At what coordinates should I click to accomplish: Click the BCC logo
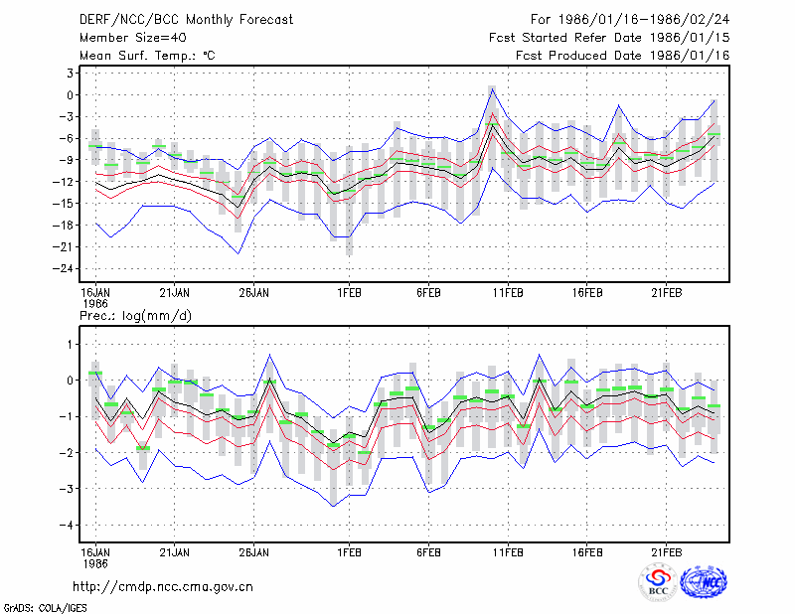click(x=658, y=582)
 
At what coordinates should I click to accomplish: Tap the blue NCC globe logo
click(x=704, y=582)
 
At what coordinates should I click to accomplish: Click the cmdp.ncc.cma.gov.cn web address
click(x=163, y=587)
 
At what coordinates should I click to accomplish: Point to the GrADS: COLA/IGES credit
click(x=45, y=608)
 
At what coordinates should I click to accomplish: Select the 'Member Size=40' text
click(x=133, y=38)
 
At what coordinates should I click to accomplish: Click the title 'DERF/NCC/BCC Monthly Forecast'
click(x=186, y=20)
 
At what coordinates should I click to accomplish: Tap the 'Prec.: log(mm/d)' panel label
click(x=135, y=316)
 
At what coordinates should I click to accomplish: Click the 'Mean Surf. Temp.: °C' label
click(x=147, y=56)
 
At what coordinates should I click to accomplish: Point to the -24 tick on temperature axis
click(x=64, y=268)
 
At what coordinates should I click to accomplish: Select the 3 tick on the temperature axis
click(x=70, y=73)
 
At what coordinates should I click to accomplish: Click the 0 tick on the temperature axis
click(x=70, y=94)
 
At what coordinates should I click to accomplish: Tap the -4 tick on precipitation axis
click(x=67, y=525)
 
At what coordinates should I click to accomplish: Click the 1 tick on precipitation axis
click(x=71, y=345)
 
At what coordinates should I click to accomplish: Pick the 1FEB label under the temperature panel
click(x=350, y=293)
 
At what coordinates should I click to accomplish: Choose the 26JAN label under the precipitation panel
click(x=254, y=552)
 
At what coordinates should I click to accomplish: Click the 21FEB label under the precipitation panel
click(x=666, y=552)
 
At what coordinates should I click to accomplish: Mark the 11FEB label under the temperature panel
click(x=508, y=293)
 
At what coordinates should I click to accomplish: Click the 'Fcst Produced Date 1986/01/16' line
click(x=623, y=56)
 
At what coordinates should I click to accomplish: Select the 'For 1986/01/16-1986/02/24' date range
click(x=630, y=20)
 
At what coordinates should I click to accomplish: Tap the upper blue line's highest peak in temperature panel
click(x=492, y=88)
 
